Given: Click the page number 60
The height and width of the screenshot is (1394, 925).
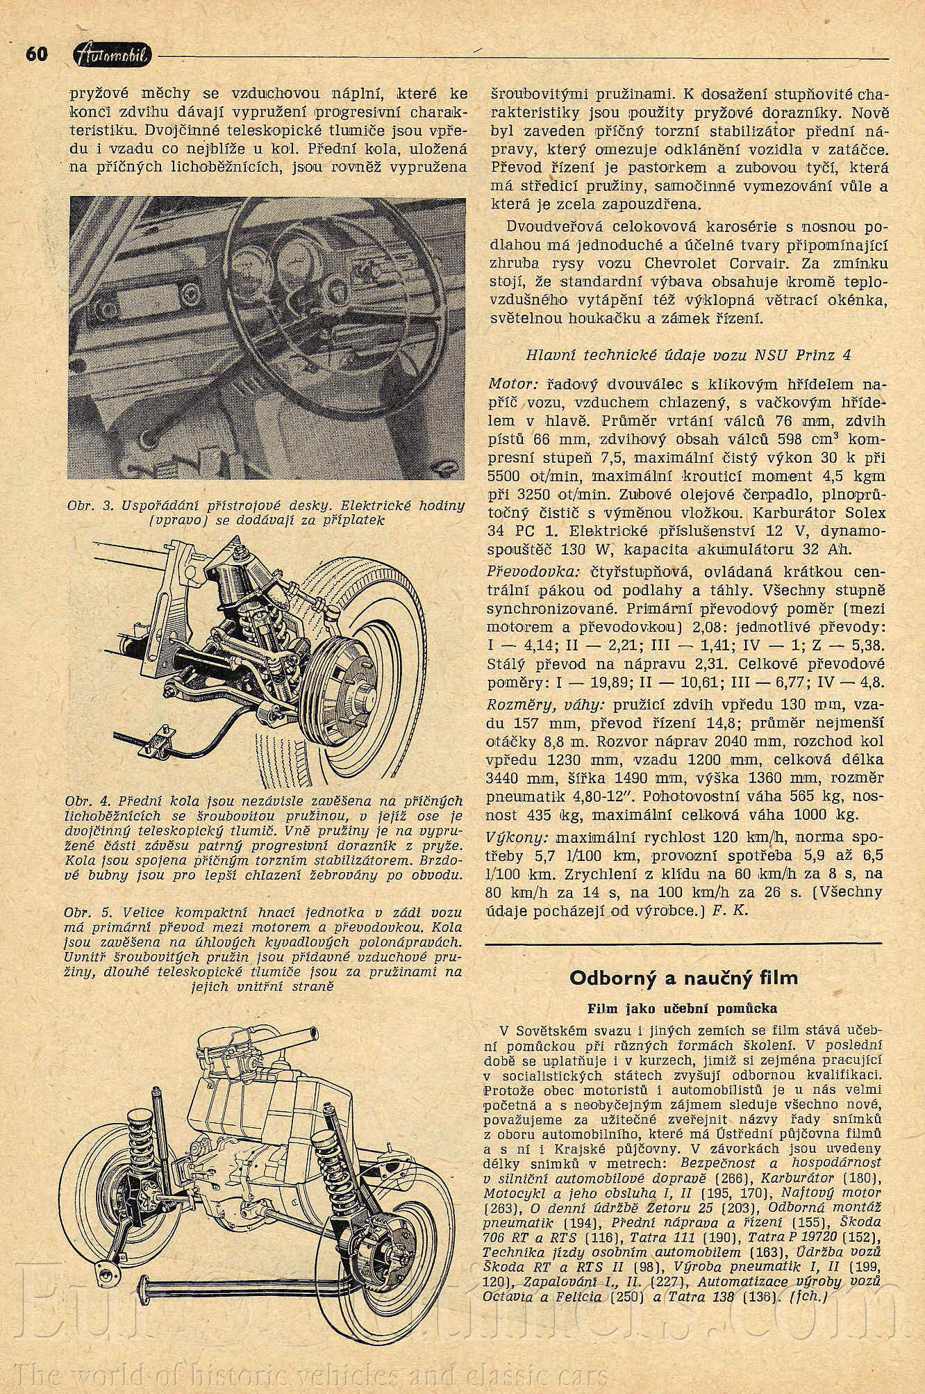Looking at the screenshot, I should (x=36, y=54).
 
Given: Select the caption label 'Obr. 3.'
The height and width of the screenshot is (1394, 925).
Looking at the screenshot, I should (x=90, y=505).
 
